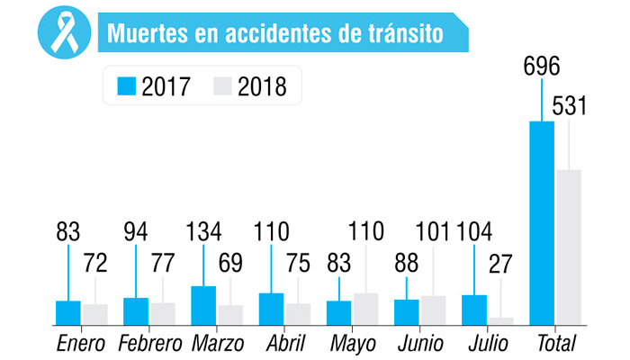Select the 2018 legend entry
[248, 86]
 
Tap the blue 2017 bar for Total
[542, 221]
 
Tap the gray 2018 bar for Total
[569, 246]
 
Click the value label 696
[541, 67]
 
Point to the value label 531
[569, 106]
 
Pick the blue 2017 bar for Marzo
[203, 304]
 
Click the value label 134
[203, 232]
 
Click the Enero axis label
[81, 343]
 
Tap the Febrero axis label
[148, 343]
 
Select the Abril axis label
[285, 343]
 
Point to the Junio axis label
[420, 343]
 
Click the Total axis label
[555, 343]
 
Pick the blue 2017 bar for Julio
[474, 309]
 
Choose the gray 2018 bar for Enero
[95, 313]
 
